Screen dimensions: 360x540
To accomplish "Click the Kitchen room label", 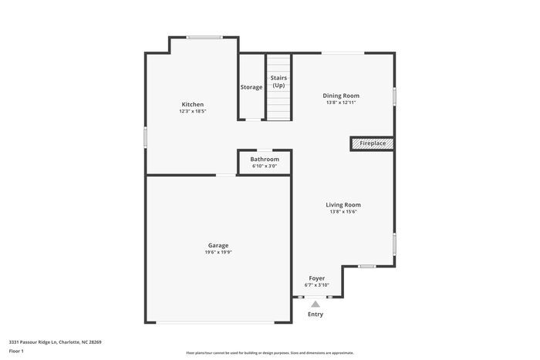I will tap(192, 104).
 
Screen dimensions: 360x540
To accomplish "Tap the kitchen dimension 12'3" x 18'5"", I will tap(192, 111).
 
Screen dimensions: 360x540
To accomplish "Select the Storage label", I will tap(251, 87).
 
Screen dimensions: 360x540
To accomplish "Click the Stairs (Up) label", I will tap(278, 82).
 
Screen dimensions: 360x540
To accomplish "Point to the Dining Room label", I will tap(341, 96).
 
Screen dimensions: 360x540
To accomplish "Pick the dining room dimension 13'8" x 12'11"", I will tap(341, 103).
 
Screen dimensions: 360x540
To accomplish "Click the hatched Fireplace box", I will tap(373, 143).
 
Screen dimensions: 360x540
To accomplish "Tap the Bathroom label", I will tap(265, 159).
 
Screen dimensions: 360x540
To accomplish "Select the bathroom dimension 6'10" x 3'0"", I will tap(265, 166).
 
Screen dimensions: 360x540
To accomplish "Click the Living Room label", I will tap(345, 204).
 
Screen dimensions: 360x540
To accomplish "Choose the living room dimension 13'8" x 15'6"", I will tap(345, 211).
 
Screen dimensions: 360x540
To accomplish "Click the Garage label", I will tap(218, 245).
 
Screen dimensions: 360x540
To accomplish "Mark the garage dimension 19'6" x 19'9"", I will tap(218, 252).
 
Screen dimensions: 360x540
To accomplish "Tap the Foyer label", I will tap(316, 278).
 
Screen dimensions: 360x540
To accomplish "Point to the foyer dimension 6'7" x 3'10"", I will tap(316, 284).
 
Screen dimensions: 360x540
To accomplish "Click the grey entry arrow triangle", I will tap(316, 304).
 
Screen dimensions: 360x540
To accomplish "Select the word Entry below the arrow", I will tap(316, 314).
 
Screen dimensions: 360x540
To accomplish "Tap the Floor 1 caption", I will tap(17, 351).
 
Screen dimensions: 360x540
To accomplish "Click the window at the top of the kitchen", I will tap(204, 36).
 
